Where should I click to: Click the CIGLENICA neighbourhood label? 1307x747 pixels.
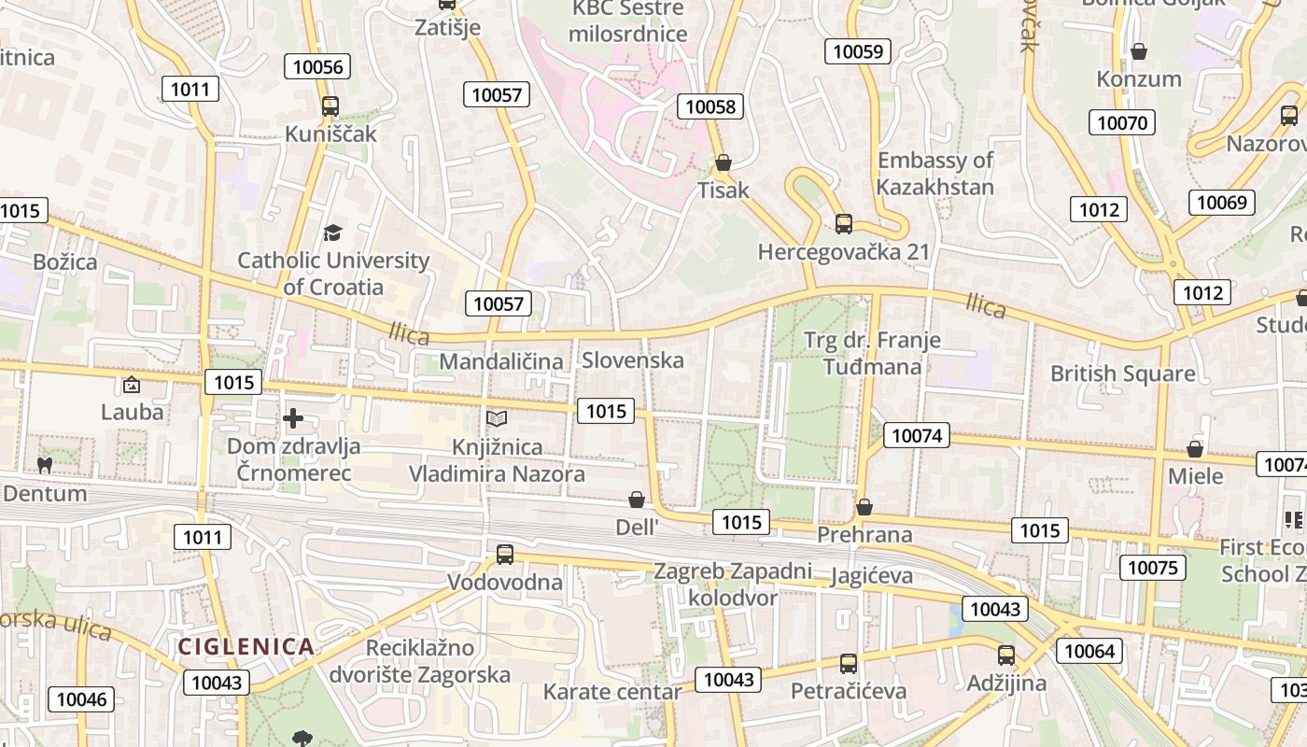(246, 646)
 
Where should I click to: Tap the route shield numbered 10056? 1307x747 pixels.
(318, 66)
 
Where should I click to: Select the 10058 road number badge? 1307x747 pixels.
(710, 106)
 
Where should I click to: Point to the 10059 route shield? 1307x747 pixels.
(857, 51)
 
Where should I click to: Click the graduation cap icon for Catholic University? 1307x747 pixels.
(332, 233)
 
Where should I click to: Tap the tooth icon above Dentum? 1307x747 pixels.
(44, 464)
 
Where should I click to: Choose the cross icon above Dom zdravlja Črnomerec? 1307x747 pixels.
(293, 418)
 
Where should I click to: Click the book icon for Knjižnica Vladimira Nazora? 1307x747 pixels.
(497, 419)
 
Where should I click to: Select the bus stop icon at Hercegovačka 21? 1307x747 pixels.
(843, 224)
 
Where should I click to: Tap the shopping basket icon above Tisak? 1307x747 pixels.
(723, 163)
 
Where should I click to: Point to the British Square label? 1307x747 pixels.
(1122, 373)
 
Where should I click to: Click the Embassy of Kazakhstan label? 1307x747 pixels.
(935, 174)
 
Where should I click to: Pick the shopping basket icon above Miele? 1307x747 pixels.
(1195, 449)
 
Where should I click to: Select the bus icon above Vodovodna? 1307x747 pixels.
(505, 555)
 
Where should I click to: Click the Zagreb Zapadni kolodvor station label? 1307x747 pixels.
(733, 585)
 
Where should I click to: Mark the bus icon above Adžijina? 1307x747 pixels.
(1005, 655)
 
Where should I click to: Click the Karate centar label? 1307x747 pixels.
(612, 692)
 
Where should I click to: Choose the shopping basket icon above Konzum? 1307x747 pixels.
(1139, 51)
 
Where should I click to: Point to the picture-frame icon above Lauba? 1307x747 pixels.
(132, 384)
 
